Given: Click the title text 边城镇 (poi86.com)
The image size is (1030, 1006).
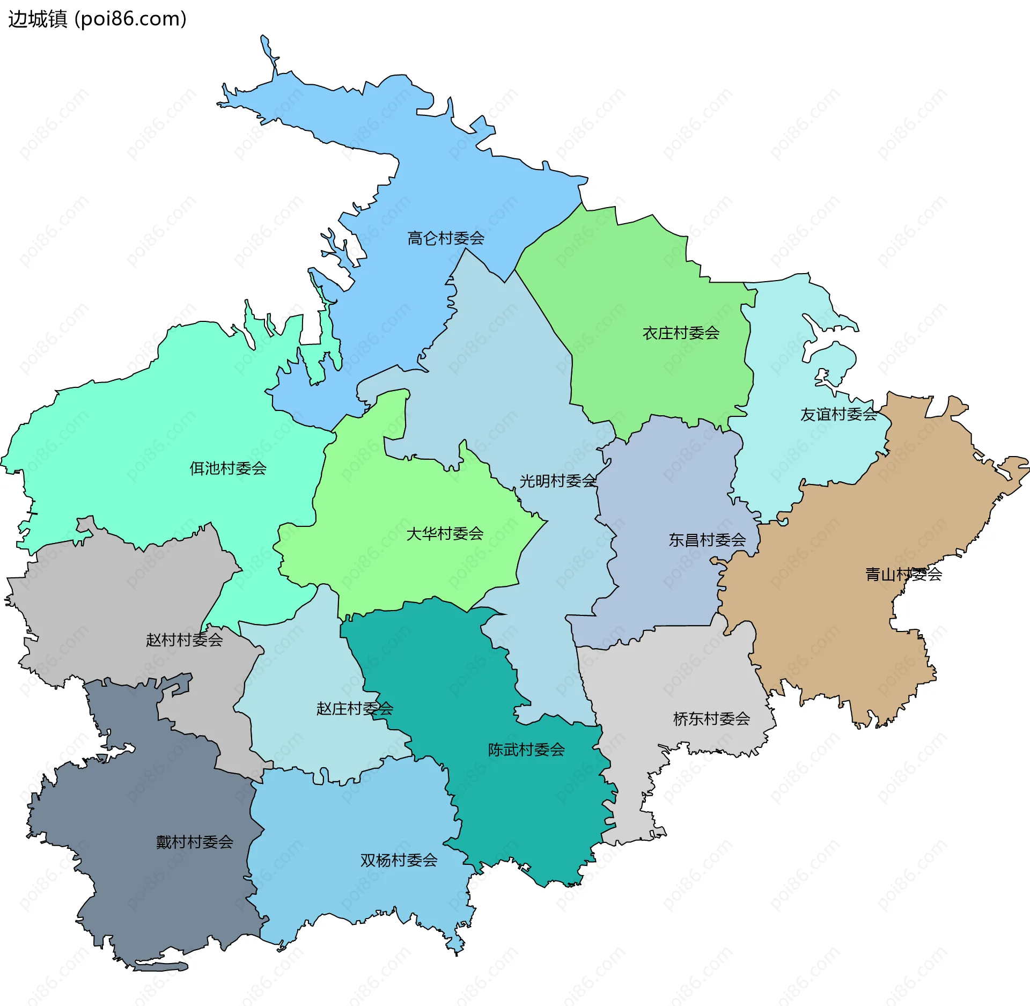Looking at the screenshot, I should pyautogui.click(x=97, y=19).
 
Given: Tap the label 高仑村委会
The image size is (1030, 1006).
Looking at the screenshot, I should pyautogui.click(x=445, y=238).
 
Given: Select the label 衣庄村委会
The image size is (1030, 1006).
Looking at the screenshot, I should pyautogui.click(x=681, y=333).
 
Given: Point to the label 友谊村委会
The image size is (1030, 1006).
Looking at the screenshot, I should pyautogui.click(x=838, y=414).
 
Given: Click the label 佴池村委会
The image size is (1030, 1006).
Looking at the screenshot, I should pyautogui.click(x=228, y=468).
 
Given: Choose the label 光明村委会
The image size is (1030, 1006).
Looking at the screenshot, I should pyautogui.click(x=557, y=481).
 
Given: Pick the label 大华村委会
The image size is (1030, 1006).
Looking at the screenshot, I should pyautogui.click(x=445, y=534).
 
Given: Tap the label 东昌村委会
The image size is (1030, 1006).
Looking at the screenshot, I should pyautogui.click(x=707, y=540).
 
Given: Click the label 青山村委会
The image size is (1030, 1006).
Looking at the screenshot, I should pyautogui.click(x=903, y=575).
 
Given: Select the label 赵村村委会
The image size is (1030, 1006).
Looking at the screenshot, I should pyautogui.click(x=184, y=640).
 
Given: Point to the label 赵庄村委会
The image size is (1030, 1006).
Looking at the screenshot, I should pyautogui.click(x=355, y=709).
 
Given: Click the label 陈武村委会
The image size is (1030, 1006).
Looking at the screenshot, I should pyautogui.click(x=526, y=750).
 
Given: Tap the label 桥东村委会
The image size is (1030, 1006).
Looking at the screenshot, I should pyautogui.click(x=711, y=719).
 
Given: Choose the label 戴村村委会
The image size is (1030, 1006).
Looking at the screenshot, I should pyautogui.click(x=194, y=842).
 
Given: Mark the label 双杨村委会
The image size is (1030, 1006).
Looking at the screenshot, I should pyautogui.click(x=399, y=860).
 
